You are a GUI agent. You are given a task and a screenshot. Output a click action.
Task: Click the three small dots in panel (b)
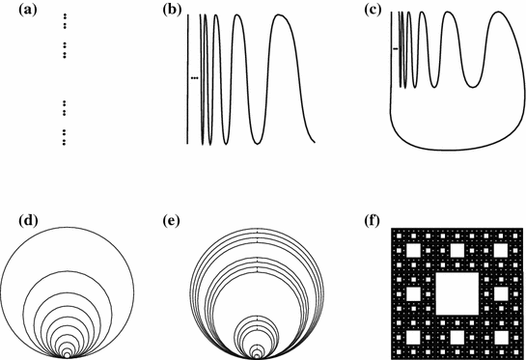pos(195,77)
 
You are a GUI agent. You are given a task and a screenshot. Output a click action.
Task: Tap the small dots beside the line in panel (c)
pos(395,47)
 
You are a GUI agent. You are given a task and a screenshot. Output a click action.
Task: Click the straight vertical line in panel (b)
pos(189,77)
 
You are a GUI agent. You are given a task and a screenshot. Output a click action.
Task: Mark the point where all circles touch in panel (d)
pos(66,358)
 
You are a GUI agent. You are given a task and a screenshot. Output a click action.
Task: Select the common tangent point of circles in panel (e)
pos(257,358)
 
